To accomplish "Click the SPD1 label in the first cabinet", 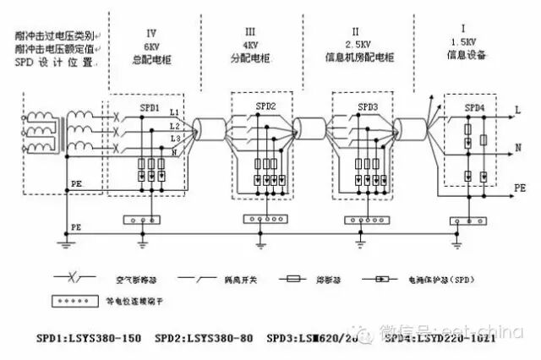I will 150,110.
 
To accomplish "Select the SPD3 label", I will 368,107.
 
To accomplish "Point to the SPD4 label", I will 474,109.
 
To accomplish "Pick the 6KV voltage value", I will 152,46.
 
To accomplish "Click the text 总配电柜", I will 152,60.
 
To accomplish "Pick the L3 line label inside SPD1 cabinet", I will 174,137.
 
